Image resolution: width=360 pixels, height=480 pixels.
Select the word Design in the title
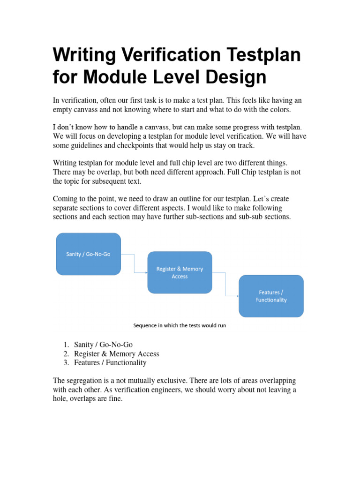tap(234, 77)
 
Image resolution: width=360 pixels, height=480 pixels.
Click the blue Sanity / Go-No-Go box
tap(88, 254)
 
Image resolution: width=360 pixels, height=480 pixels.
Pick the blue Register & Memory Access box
tap(180, 272)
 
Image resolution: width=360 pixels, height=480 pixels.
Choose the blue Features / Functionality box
tap(271, 296)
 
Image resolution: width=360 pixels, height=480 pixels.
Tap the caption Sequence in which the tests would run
tap(180, 325)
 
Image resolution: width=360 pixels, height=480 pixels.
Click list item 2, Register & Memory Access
tap(116, 354)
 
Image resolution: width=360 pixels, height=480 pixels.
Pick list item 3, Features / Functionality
tap(110, 363)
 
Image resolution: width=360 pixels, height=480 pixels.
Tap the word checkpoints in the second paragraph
tap(120, 145)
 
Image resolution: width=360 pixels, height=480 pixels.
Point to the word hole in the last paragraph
tap(61, 399)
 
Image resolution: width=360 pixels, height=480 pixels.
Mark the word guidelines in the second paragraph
tap(81, 145)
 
